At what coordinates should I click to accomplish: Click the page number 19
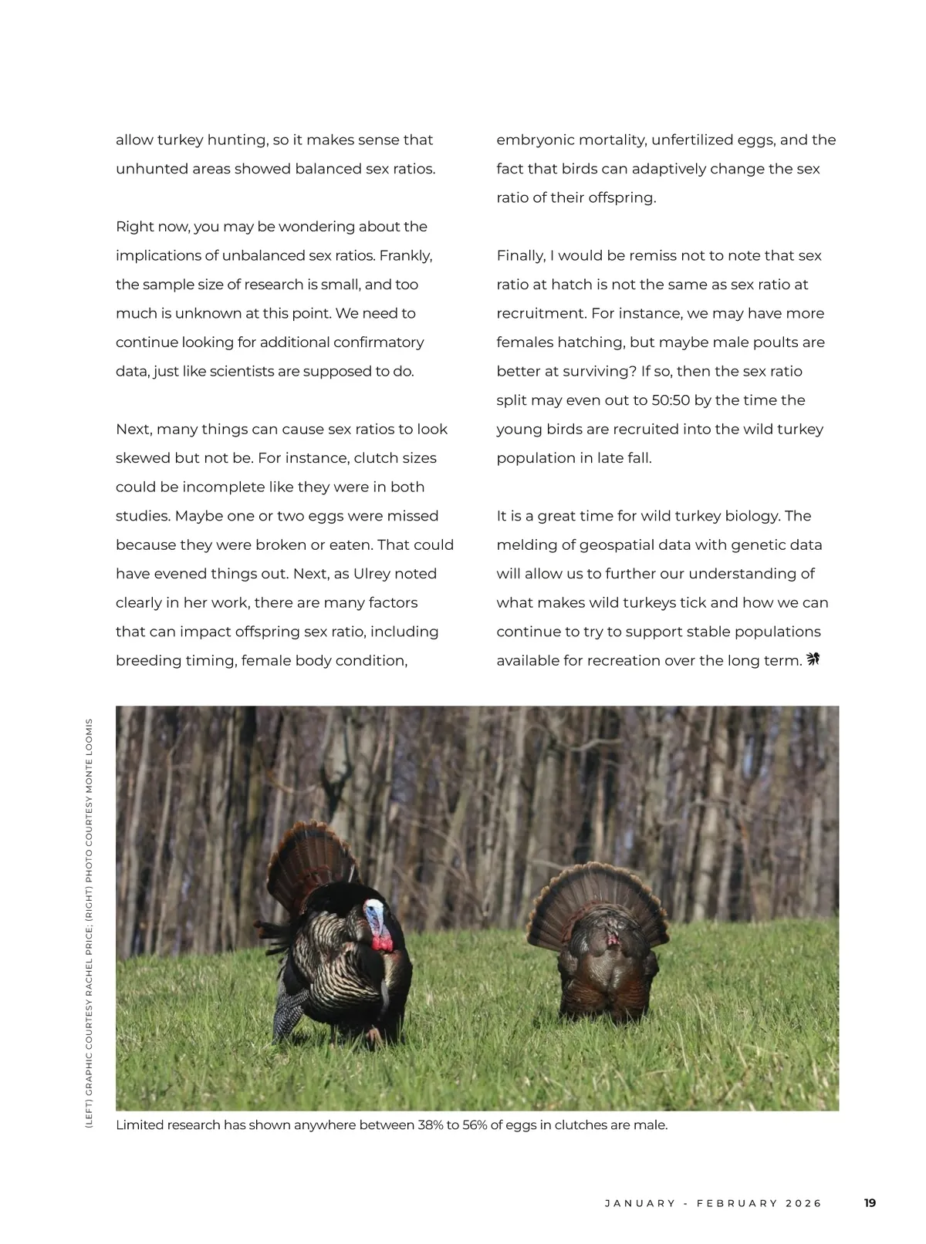(870, 1202)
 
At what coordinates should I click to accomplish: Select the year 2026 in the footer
(804, 1203)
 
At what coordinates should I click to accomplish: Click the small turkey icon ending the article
(813, 659)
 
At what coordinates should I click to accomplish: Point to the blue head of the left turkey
(375, 917)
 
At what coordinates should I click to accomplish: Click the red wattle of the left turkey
(381, 942)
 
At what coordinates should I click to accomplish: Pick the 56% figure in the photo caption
(475, 1124)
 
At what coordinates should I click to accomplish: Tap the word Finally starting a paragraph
(521, 255)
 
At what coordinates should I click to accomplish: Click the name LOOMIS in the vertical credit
(90, 736)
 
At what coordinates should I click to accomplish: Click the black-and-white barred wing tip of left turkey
(290, 1013)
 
